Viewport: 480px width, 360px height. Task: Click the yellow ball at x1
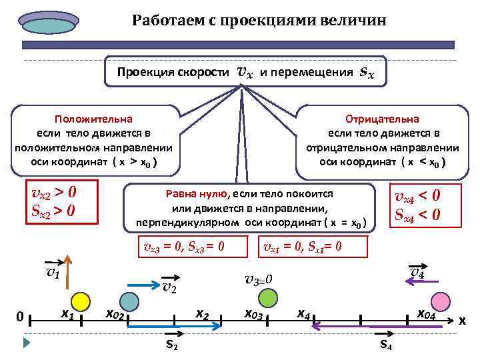80,301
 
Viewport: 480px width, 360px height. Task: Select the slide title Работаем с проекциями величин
259,20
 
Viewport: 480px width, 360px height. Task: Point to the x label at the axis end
461,320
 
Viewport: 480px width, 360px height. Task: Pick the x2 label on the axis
202,313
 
